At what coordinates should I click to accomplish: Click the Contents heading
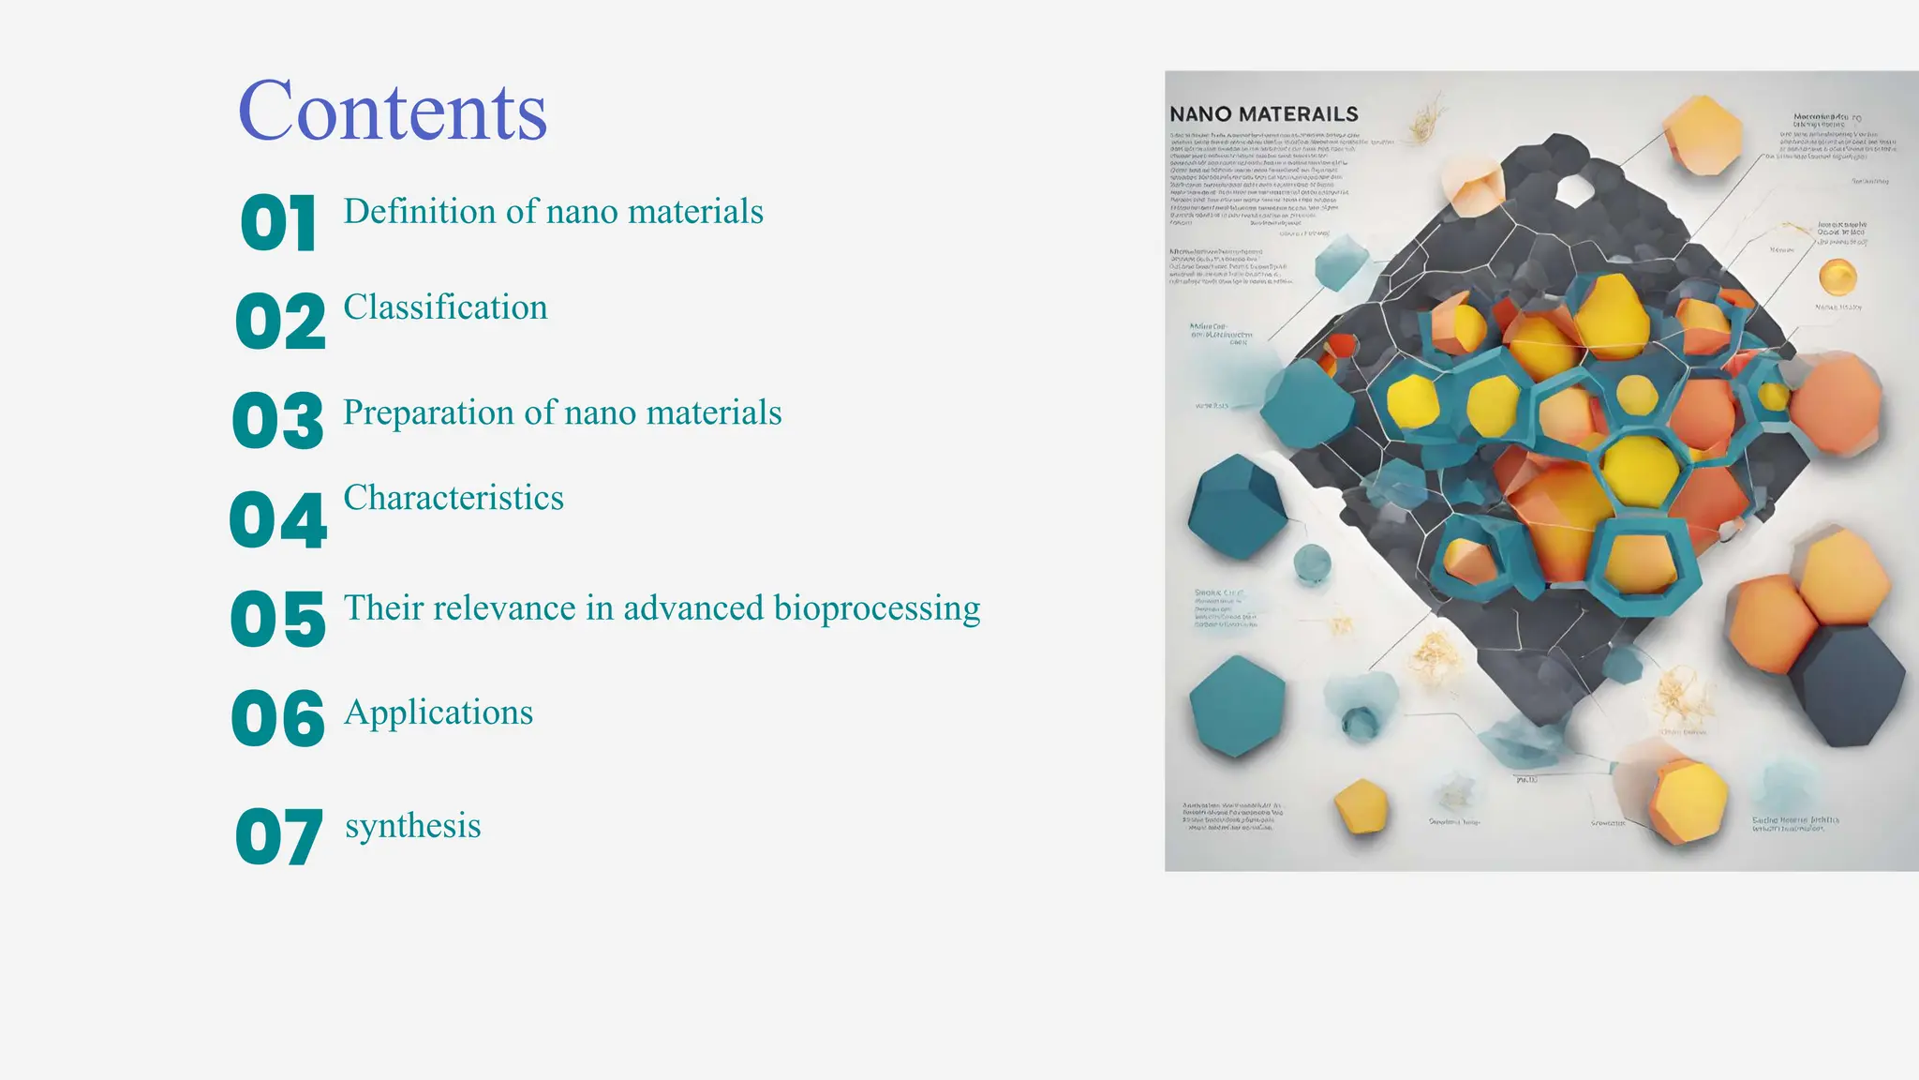(x=393, y=112)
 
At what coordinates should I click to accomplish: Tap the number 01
(x=278, y=223)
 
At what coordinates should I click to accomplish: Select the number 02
(x=280, y=321)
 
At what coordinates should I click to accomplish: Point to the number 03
(x=278, y=420)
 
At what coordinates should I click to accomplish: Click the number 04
(x=278, y=519)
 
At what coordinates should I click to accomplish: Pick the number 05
(x=278, y=619)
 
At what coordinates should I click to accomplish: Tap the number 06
(x=278, y=718)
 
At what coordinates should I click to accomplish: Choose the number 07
(x=279, y=836)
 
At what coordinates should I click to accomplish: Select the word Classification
(x=445, y=307)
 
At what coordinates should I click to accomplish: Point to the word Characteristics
(x=454, y=498)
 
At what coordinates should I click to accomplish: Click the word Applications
(x=439, y=713)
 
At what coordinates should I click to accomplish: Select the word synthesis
(x=412, y=827)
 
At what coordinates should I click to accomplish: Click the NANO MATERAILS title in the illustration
(x=1263, y=114)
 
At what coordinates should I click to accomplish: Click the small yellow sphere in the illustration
(x=1837, y=277)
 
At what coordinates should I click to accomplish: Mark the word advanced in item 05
(x=693, y=608)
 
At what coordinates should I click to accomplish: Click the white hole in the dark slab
(x=1576, y=190)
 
